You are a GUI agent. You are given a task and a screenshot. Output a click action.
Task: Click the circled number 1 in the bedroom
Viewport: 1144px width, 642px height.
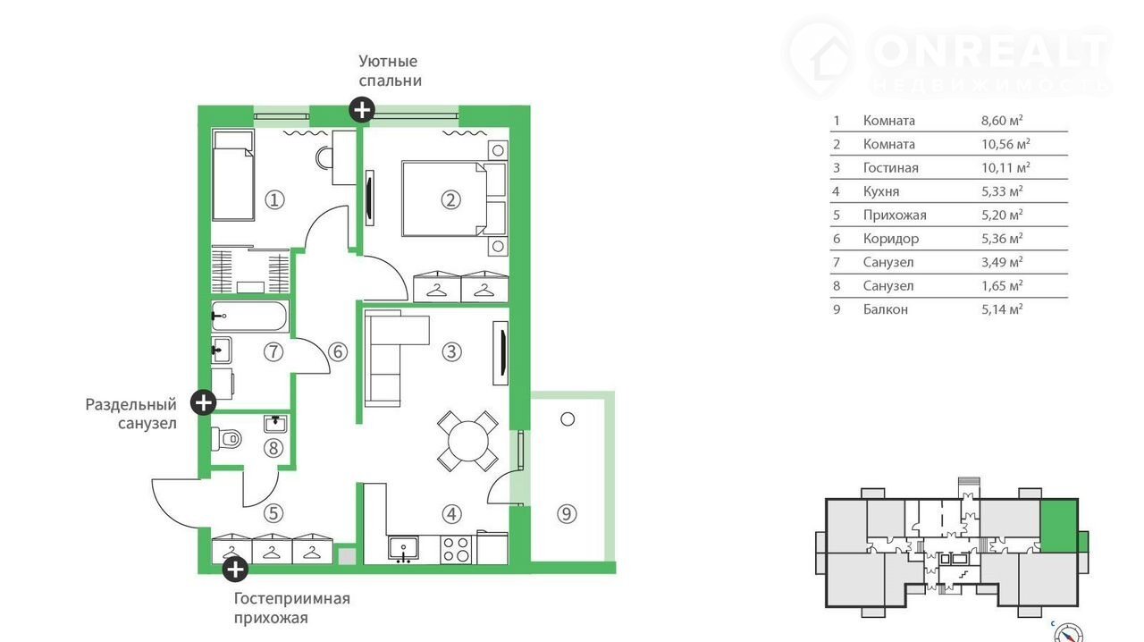coord(274,200)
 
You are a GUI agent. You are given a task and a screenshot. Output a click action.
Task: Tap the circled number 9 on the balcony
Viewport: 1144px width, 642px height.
coord(567,514)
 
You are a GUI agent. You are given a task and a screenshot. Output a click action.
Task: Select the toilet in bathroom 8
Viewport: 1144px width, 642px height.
coord(226,438)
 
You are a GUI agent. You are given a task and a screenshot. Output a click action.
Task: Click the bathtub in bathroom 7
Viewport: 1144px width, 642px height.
coord(249,317)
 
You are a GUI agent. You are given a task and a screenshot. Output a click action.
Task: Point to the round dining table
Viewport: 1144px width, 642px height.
coord(467,441)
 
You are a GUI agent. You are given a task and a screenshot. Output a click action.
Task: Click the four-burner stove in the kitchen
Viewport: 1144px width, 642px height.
coord(456,549)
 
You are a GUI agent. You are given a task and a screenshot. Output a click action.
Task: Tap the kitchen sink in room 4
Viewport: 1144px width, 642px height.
coord(403,549)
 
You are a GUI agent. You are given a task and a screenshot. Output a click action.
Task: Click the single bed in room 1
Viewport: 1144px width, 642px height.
coord(233,175)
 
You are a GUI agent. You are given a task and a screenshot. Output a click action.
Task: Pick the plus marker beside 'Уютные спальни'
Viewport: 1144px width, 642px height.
coord(362,110)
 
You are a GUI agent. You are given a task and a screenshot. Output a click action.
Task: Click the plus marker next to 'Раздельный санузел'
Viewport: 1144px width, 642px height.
coord(203,402)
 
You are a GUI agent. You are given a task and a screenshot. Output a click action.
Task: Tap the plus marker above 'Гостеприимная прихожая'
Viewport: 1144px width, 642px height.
coord(235,569)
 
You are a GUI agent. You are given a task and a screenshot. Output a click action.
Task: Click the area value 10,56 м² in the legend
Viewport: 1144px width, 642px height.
coord(1005,144)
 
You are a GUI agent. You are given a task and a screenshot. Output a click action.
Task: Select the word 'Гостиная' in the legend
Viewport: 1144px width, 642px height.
coord(891,168)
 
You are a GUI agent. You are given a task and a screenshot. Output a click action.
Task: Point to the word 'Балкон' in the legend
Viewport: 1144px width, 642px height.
coord(886,309)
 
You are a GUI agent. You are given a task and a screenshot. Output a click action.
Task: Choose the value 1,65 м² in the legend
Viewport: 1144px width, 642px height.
coord(1002,285)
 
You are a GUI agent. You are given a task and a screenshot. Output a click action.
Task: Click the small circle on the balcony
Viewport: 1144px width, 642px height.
coord(568,419)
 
